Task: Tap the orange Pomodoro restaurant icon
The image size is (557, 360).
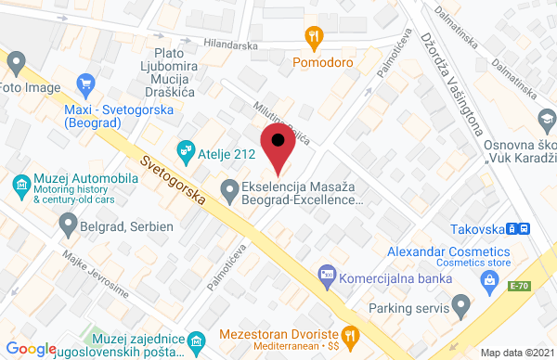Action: tap(314, 37)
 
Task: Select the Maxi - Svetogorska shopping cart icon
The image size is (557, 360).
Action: tap(86, 84)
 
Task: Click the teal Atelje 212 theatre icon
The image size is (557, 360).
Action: tap(186, 148)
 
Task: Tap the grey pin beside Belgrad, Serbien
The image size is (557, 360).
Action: tap(67, 223)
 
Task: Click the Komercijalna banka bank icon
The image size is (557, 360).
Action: tap(326, 274)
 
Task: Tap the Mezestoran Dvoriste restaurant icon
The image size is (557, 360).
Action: tap(349, 334)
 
